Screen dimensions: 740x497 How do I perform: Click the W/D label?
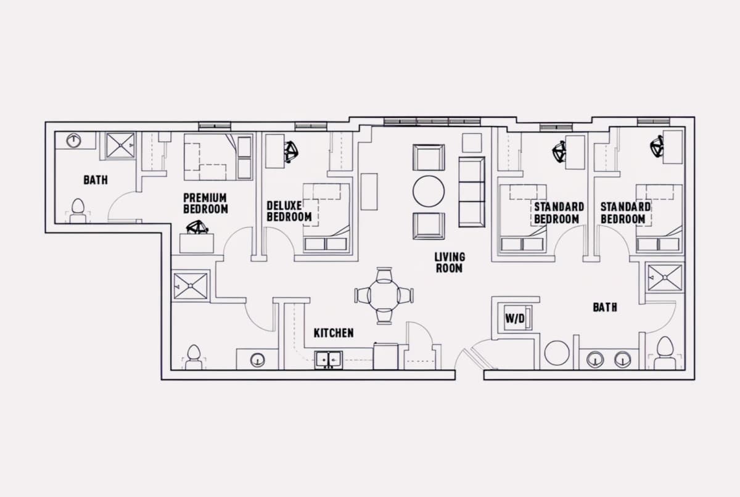pyautogui.click(x=515, y=318)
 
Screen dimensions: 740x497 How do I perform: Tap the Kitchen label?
pyautogui.click(x=334, y=333)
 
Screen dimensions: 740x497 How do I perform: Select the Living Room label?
pyautogui.click(x=450, y=263)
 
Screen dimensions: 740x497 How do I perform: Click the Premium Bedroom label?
pyautogui.click(x=205, y=203)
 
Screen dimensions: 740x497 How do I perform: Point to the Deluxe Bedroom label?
pyautogui.click(x=289, y=212)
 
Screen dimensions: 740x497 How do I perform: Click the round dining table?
pyautogui.click(x=384, y=295)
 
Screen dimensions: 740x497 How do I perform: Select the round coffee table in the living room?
pyautogui.click(x=429, y=191)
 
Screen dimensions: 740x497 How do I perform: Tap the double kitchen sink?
pyautogui.click(x=328, y=359)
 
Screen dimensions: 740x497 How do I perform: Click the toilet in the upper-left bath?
pyautogui.click(x=78, y=212)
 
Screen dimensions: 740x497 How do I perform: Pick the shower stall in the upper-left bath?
pyautogui.click(x=120, y=145)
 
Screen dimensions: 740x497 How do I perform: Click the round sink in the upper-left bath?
pyautogui.click(x=73, y=141)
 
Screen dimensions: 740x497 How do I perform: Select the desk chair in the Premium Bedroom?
pyautogui.click(x=197, y=227)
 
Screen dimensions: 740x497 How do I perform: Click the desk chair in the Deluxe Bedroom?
pyautogui.click(x=291, y=152)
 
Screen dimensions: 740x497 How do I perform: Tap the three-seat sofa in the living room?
pyautogui.click(x=472, y=192)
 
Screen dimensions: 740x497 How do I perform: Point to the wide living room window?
pyautogui.click(x=432, y=122)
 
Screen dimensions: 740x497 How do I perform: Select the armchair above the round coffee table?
pyautogui.click(x=429, y=157)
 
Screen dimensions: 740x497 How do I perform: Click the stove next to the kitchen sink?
pyautogui.click(x=386, y=356)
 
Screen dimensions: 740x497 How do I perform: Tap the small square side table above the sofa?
pyautogui.click(x=472, y=142)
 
